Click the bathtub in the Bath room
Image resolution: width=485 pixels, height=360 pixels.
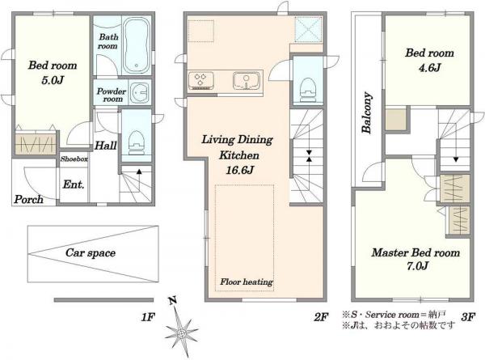137,45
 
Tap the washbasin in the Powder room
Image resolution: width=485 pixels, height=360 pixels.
140,92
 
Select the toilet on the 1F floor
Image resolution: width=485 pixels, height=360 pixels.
137,142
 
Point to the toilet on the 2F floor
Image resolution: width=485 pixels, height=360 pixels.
307,89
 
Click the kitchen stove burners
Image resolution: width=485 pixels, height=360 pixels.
200,80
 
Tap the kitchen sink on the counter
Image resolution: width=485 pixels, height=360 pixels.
247,80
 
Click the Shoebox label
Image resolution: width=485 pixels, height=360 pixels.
74,159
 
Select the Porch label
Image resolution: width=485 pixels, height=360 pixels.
28,199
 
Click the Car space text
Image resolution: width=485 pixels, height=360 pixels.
91,253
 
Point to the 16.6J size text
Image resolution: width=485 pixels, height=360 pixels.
240,170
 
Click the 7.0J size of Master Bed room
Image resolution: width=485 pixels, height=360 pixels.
417,266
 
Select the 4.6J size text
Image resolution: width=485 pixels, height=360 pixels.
429,67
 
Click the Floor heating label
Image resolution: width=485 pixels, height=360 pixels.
247,282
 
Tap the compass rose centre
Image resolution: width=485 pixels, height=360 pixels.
182,333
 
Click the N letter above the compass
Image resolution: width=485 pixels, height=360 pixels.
173,300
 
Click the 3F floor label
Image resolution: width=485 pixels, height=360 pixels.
468,316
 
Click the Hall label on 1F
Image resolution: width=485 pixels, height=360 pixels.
105,146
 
